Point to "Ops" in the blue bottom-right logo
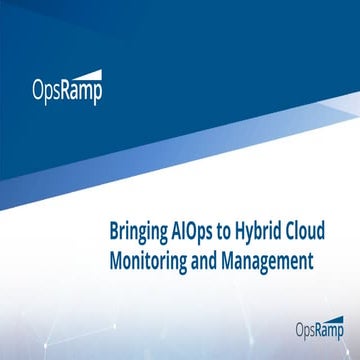(306, 327)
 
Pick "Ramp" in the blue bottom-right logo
(331, 327)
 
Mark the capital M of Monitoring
(115, 258)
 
